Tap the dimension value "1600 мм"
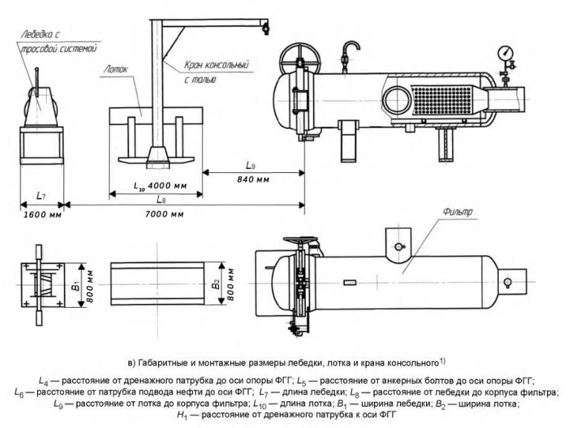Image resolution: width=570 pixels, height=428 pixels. (41, 215)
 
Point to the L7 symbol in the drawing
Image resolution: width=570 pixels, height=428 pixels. (40, 196)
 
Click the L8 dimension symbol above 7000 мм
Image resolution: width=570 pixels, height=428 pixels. (160, 200)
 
